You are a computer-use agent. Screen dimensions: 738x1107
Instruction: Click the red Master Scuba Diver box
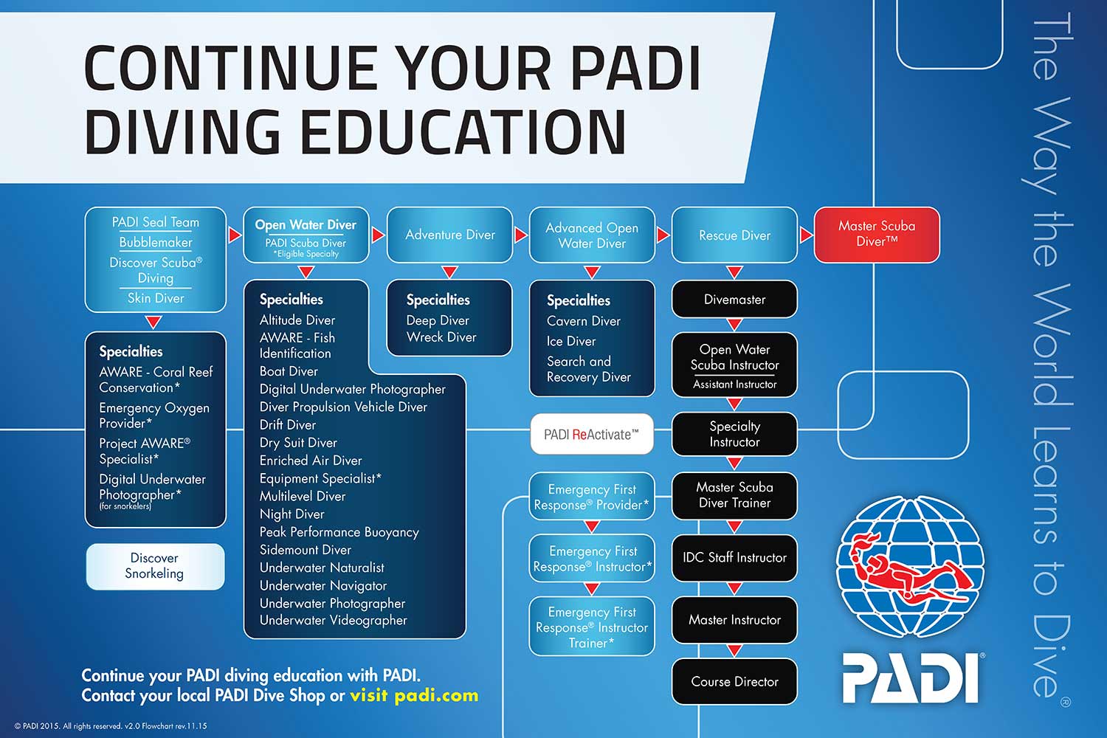(876, 234)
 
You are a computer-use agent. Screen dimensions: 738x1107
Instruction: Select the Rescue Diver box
(734, 235)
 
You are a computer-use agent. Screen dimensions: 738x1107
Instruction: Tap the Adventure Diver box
(449, 235)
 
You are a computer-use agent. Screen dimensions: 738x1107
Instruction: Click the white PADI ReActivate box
(592, 435)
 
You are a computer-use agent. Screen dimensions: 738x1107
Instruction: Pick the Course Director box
(734, 682)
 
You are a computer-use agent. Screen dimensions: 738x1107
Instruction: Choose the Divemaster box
(734, 300)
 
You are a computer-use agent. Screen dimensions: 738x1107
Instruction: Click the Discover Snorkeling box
(154, 566)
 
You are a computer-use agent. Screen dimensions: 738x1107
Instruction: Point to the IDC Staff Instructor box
(734, 558)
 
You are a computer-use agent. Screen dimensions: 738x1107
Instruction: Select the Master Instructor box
(734, 620)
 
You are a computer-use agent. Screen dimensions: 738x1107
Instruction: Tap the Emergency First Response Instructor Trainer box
(592, 627)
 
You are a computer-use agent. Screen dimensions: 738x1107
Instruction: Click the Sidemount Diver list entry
(305, 550)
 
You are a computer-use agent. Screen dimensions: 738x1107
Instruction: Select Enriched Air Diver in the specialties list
(310, 461)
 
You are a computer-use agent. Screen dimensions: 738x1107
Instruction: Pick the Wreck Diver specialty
(441, 337)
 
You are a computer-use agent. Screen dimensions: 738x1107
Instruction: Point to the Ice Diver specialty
(571, 341)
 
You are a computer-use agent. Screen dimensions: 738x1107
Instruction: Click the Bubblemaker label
(156, 242)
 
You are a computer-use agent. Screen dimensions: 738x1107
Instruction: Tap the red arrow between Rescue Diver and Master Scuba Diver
(806, 235)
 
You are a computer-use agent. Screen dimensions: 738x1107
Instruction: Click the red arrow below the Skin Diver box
(154, 322)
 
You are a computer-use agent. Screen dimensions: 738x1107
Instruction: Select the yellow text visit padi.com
(414, 695)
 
